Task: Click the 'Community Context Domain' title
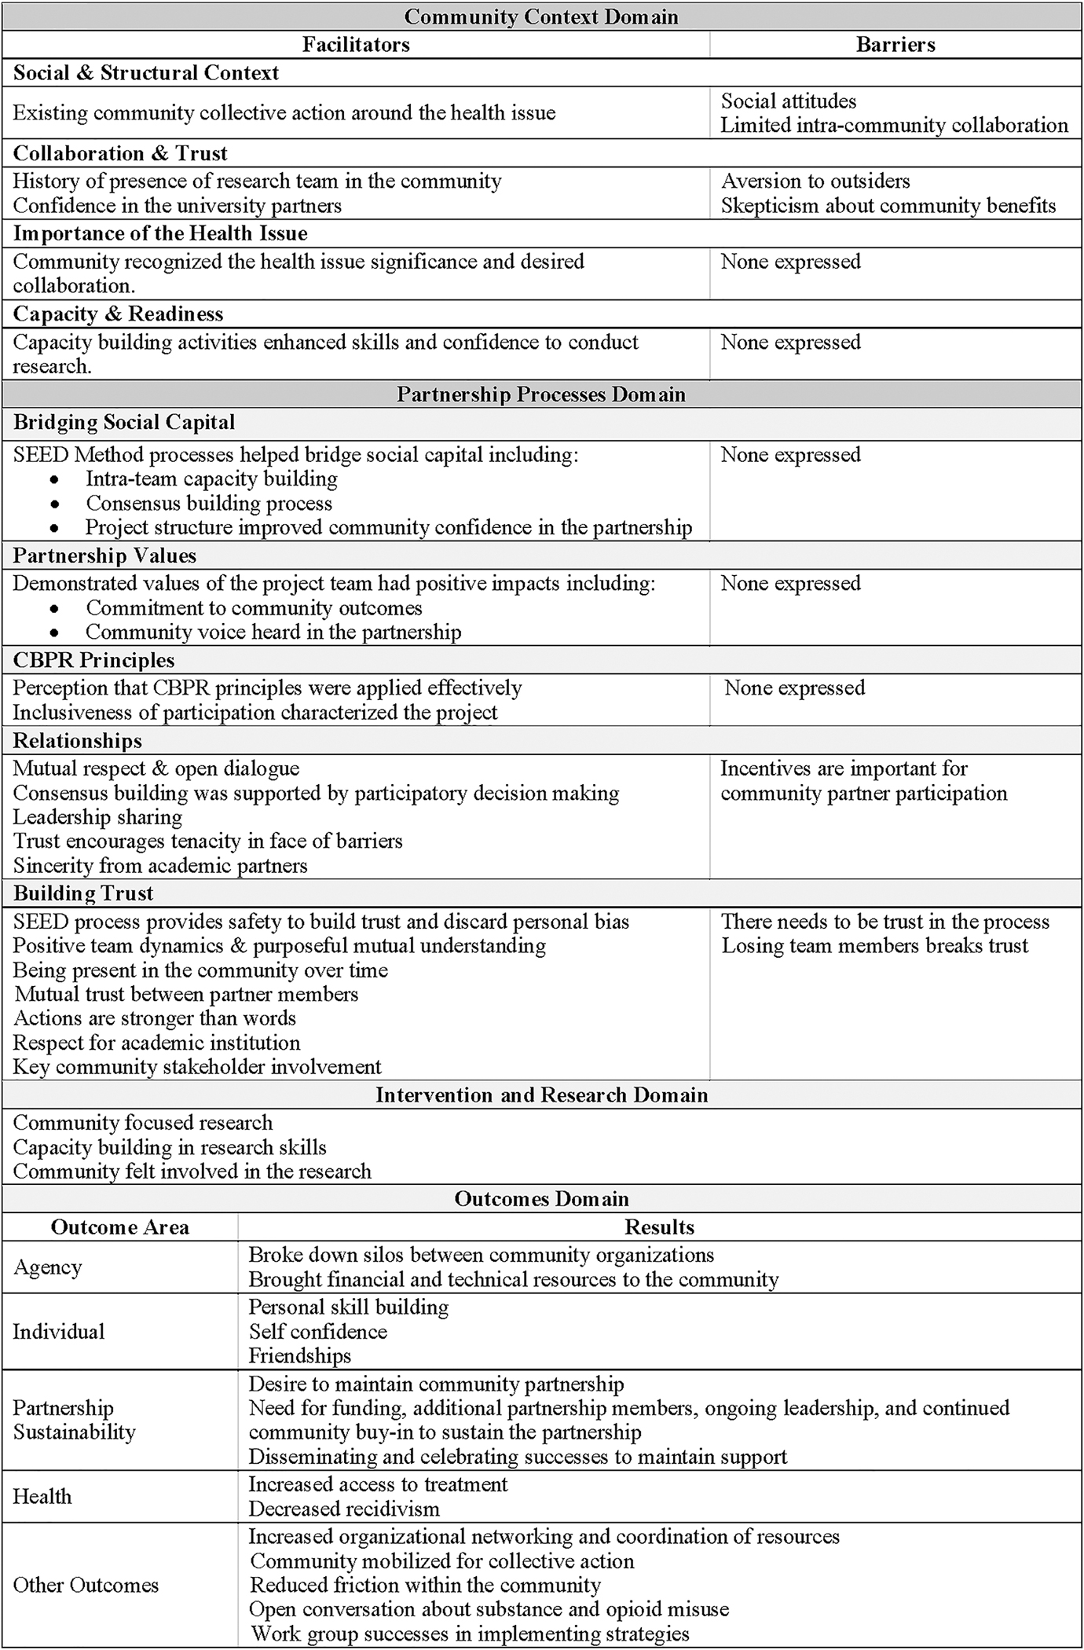[540, 16]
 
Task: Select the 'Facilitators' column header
[356, 45]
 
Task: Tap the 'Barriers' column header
[895, 45]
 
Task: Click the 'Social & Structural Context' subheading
[146, 73]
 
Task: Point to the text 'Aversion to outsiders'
[815, 181]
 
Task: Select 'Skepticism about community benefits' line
[888, 206]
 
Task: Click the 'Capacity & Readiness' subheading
[119, 314]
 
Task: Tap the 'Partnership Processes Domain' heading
[540, 394]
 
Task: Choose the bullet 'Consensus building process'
[209, 504]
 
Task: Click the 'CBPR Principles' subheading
[94, 661]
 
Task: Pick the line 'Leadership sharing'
[97, 817]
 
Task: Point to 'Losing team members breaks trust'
[874, 946]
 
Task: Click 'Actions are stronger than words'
[155, 1018]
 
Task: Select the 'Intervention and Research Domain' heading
[541, 1095]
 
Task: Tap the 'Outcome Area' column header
[120, 1227]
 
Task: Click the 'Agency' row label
[47, 1267]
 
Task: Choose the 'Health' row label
[42, 1496]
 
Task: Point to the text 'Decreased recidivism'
[344, 1509]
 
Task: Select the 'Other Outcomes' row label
[86, 1585]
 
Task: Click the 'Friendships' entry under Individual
[300, 1355]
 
